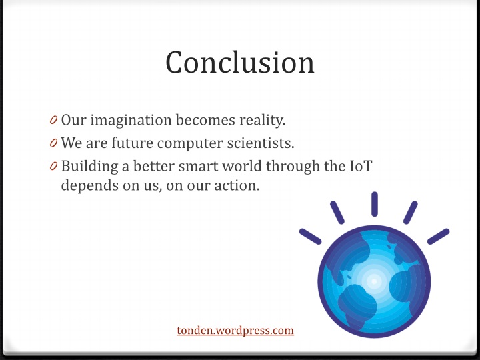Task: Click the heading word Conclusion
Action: (240, 62)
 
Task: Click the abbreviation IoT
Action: (360, 165)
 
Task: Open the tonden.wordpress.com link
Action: (235, 330)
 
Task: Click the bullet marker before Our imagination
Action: (53, 121)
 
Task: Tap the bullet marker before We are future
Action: (53, 143)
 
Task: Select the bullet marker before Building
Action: (53, 166)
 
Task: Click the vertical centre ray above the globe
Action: (375, 204)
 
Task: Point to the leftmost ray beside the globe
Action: (311, 236)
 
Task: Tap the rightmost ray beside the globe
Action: (438, 236)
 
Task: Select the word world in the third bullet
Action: (261, 165)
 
